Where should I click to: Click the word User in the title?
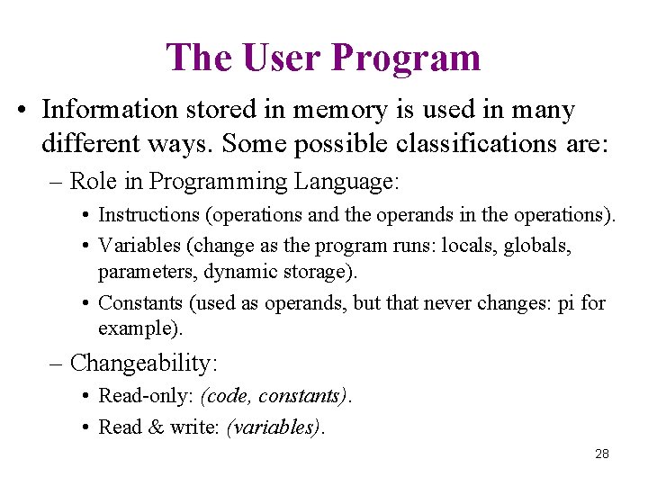point(281,58)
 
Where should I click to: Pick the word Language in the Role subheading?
point(345,182)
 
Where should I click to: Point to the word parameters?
point(139,270)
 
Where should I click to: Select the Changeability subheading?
point(143,363)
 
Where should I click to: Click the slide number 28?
point(602,454)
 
